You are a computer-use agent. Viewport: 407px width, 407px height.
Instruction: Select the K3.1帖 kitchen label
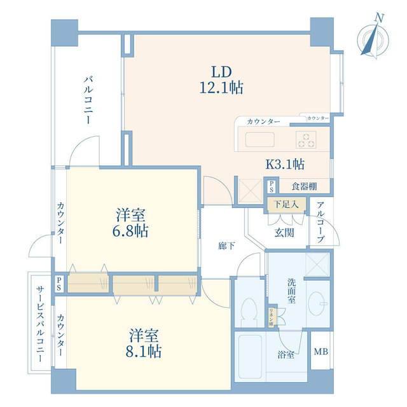coord(284,164)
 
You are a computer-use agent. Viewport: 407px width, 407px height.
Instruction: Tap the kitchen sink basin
coord(259,140)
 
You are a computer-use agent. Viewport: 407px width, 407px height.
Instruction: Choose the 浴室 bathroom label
coord(286,354)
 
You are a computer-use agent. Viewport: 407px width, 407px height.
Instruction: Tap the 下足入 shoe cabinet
coord(286,205)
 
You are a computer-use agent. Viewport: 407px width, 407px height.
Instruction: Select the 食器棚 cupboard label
coord(305,186)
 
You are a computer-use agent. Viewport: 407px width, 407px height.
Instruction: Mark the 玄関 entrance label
coord(284,233)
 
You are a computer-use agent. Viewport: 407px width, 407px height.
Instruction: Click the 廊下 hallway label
coord(226,246)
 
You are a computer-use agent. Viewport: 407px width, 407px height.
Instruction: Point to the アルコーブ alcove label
coord(320,222)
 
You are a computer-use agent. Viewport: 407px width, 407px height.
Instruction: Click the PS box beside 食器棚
coord(272,186)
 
